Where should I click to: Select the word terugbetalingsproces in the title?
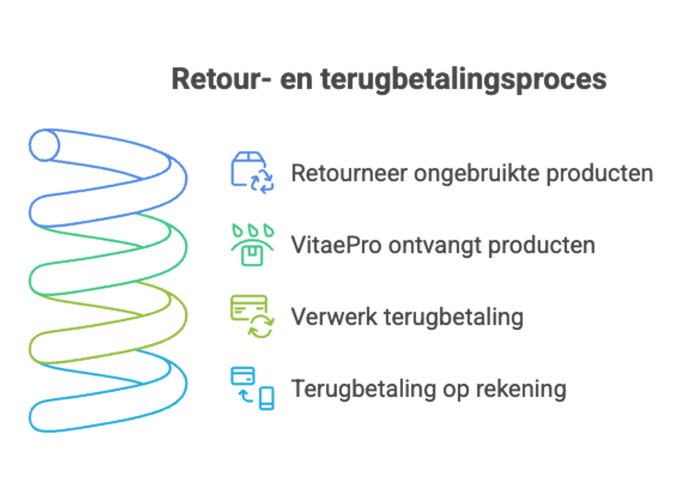click(464, 81)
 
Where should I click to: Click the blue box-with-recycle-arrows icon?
click(252, 173)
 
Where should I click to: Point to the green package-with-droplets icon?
click(252, 244)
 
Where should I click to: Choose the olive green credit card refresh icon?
click(252, 317)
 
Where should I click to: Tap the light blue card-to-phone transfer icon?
click(252, 388)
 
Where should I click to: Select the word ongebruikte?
click(476, 174)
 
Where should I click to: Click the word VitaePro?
click(336, 244)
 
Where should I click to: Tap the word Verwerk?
click(334, 317)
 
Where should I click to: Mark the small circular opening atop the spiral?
click(44, 145)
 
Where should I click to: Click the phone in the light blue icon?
click(266, 398)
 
